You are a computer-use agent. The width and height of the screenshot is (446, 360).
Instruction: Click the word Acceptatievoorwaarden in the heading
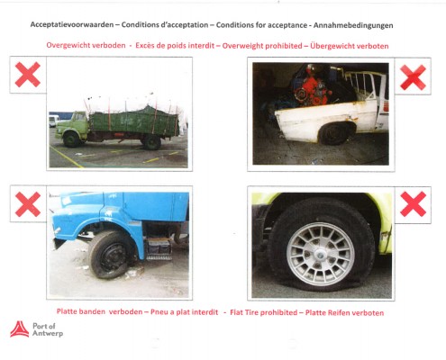(72, 25)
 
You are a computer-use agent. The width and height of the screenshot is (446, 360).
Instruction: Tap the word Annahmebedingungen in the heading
(353, 25)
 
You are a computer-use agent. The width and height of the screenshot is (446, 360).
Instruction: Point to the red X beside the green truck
(28, 75)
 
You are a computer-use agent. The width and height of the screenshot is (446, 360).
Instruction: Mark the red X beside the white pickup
(413, 77)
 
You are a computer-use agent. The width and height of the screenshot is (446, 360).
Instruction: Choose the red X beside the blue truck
(28, 204)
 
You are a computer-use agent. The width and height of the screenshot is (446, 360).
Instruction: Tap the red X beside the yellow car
(414, 204)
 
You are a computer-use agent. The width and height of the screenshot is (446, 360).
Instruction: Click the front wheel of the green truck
(71, 139)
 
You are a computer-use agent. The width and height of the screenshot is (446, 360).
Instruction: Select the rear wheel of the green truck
(151, 142)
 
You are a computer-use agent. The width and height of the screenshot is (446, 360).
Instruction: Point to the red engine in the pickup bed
(314, 87)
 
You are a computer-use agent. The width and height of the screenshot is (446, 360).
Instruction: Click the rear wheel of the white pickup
(333, 133)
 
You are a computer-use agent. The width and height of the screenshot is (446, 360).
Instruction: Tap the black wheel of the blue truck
(111, 255)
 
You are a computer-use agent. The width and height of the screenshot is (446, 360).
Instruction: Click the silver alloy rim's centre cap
(321, 254)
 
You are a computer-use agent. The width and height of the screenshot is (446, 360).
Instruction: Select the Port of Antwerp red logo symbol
(20, 329)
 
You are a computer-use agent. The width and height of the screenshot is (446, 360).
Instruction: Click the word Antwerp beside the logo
(48, 333)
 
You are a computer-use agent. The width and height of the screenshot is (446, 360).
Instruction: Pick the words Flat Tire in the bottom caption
(244, 312)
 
